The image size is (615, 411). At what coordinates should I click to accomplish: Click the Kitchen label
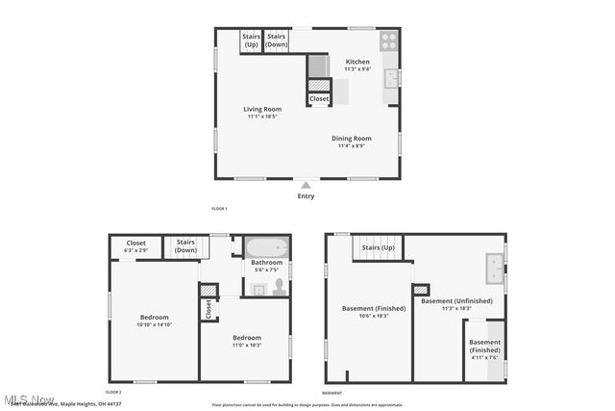357,62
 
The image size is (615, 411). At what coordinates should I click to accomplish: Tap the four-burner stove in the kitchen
388,40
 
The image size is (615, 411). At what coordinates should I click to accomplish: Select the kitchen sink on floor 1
390,79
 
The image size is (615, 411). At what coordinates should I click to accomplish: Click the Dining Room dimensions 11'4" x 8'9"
352,146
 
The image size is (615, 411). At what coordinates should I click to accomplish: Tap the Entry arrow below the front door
306,186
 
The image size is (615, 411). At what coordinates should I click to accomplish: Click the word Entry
306,196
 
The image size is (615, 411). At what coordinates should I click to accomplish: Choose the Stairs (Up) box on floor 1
251,40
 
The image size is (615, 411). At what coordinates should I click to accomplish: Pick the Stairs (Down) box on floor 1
277,40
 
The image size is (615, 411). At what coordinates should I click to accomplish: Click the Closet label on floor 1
319,98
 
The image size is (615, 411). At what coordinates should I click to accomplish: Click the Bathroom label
266,262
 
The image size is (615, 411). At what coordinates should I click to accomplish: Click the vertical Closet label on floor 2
208,309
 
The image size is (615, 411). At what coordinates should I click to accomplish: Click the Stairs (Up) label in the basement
377,247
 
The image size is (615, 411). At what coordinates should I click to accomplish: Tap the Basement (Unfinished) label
456,300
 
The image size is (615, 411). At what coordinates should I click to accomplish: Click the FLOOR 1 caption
219,209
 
